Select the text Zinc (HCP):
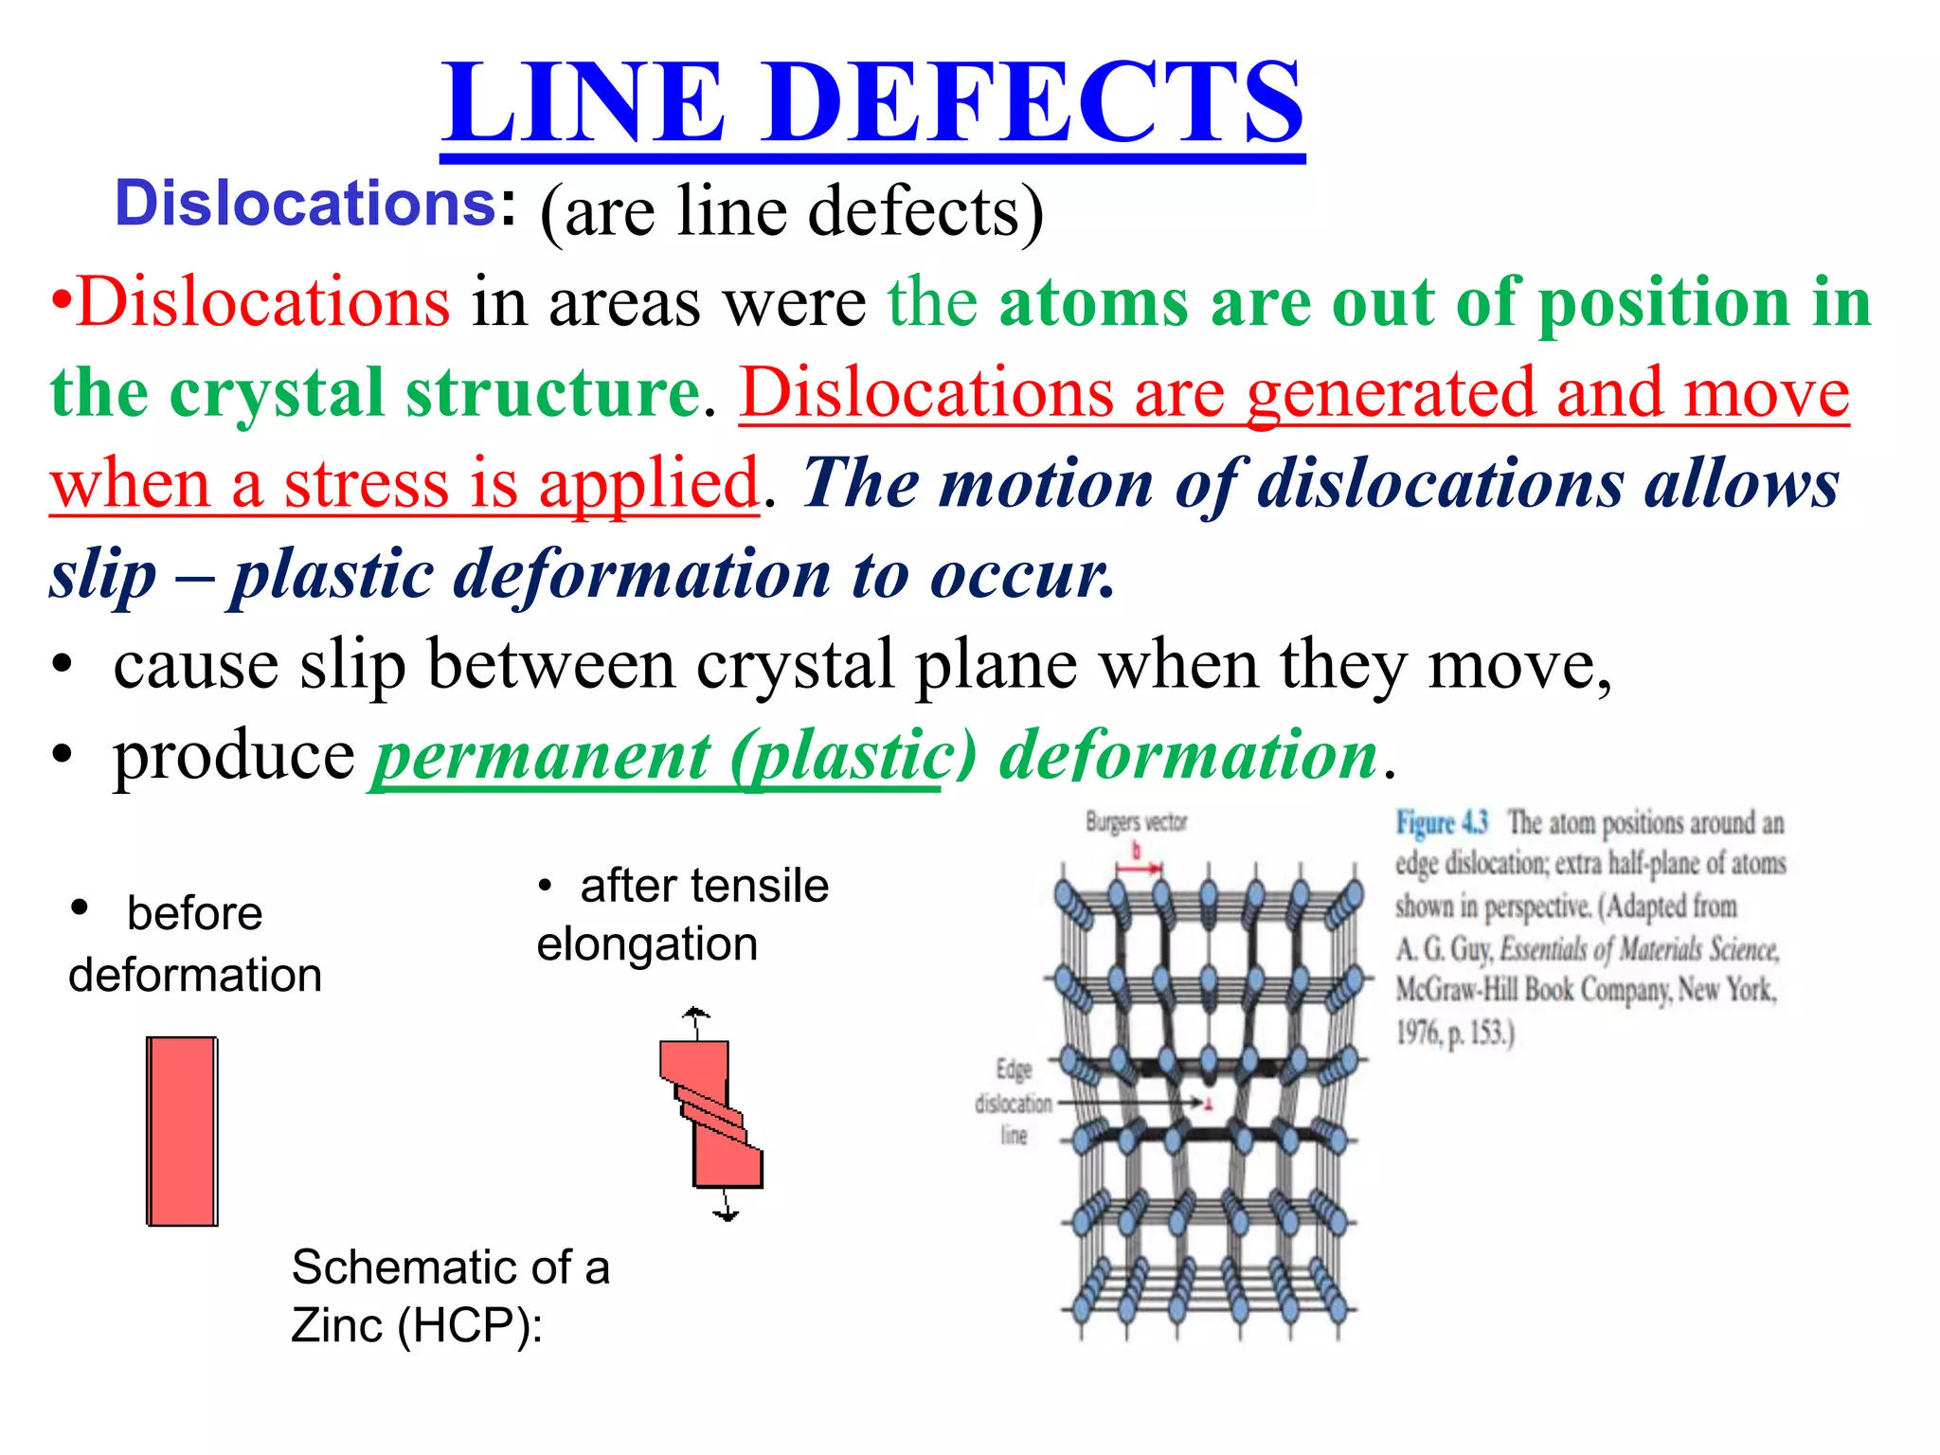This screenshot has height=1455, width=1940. coord(417,1324)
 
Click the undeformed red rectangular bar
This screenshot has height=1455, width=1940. coord(182,1131)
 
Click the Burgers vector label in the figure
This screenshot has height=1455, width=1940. coord(1136,822)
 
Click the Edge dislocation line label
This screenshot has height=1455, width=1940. coord(1013,1103)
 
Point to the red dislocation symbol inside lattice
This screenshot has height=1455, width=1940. coord(1208,1103)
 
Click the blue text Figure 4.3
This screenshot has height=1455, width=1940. coord(1441,822)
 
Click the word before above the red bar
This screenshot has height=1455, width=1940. coord(194,914)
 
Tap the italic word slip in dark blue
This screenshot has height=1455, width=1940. coord(103,574)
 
